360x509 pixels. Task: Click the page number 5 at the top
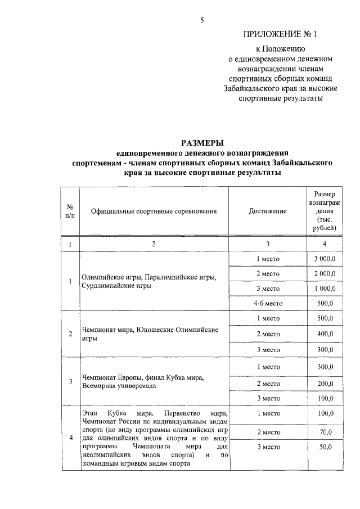[x=202, y=21]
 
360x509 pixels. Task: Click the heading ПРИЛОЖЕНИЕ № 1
[x=280, y=34]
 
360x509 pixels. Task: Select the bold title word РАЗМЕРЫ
[x=201, y=142]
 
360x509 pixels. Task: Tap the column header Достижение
[x=267, y=211]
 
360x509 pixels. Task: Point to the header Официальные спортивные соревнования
[x=154, y=211]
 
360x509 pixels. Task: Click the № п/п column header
[x=70, y=211]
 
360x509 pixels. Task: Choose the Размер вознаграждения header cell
[x=324, y=211]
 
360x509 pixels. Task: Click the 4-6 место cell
[x=267, y=303]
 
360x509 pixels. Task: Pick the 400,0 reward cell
[x=324, y=334]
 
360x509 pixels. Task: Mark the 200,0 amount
[x=324, y=383]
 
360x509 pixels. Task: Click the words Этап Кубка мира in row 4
[x=112, y=413]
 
